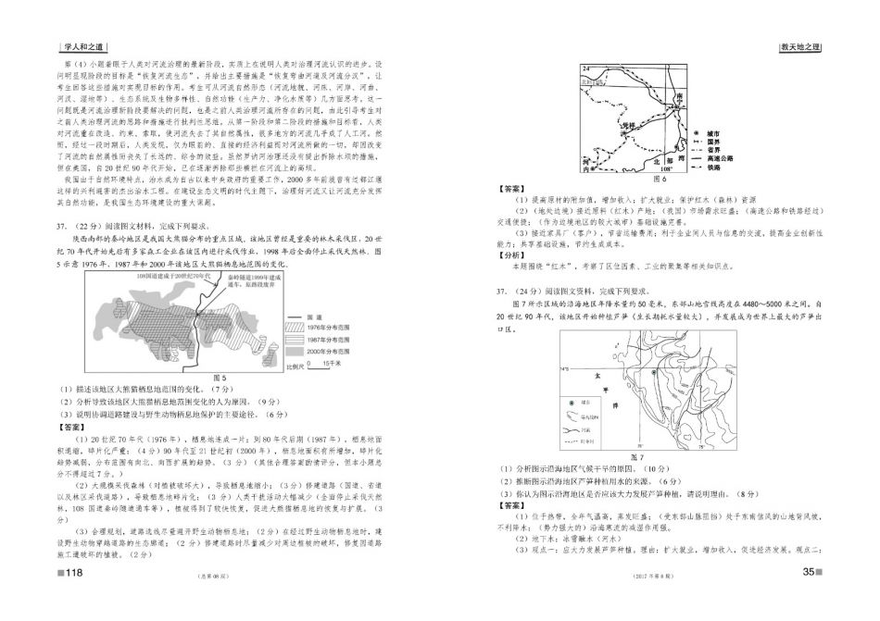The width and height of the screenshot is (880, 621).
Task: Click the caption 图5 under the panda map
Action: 220,378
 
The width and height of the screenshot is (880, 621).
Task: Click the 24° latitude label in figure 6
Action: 585,68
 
